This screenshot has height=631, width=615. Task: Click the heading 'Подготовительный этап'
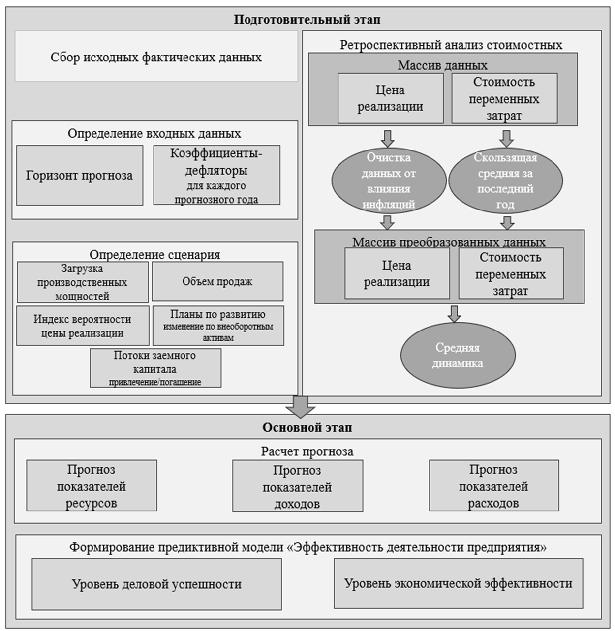(x=307, y=20)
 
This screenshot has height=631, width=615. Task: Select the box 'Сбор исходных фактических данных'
(x=156, y=57)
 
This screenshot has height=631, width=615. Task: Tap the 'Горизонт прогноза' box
(x=80, y=176)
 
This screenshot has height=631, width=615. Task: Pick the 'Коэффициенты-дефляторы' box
(x=216, y=176)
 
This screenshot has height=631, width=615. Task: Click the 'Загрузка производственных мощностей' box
(x=83, y=282)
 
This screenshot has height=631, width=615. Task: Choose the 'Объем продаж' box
(x=217, y=282)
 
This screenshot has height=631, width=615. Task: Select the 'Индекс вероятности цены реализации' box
(x=83, y=326)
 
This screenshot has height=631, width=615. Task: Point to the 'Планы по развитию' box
(x=218, y=326)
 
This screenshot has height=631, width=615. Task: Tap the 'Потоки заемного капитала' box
(x=155, y=368)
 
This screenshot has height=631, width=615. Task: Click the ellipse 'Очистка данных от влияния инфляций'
(x=389, y=181)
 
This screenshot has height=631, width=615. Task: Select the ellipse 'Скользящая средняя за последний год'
(x=505, y=181)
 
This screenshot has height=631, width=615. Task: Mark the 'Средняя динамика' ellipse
(x=458, y=356)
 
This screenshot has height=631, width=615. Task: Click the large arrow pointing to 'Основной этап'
(x=300, y=406)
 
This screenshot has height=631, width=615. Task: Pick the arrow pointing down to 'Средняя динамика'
(x=455, y=314)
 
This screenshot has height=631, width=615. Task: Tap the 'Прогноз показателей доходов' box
(x=297, y=486)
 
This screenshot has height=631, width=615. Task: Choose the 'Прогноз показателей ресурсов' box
(x=92, y=486)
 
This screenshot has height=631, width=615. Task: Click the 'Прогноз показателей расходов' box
(x=493, y=486)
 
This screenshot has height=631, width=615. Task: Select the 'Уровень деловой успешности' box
(x=156, y=584)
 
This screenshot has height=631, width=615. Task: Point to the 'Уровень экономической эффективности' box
(x=458, y=583)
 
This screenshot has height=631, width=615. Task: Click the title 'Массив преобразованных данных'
(x=449, y=242)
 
